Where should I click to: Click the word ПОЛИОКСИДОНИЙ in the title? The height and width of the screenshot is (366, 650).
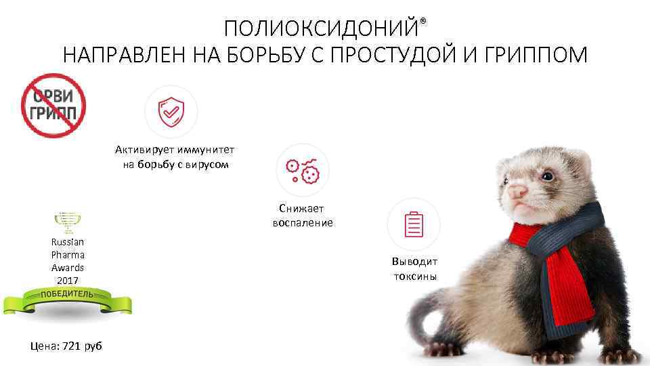click(321, 28)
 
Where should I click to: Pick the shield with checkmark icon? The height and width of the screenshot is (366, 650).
click(171, 112)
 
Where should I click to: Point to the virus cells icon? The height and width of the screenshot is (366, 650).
click(302, 171)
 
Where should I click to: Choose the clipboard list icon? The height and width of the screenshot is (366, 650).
click(413, 224)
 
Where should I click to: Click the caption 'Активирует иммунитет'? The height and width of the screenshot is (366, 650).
click(179, 150)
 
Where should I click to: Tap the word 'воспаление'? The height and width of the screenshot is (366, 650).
click(303, 222)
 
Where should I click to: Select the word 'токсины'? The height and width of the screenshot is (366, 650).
click(414, 276)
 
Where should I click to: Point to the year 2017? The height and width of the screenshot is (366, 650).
click(68, 280)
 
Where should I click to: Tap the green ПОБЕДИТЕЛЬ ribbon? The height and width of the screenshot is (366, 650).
click(68, 298)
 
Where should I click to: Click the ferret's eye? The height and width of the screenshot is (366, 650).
click(546, 176)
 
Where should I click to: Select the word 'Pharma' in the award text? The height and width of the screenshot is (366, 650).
click(68, 255)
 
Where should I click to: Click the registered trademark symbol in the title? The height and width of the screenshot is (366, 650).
click(423, 22)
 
